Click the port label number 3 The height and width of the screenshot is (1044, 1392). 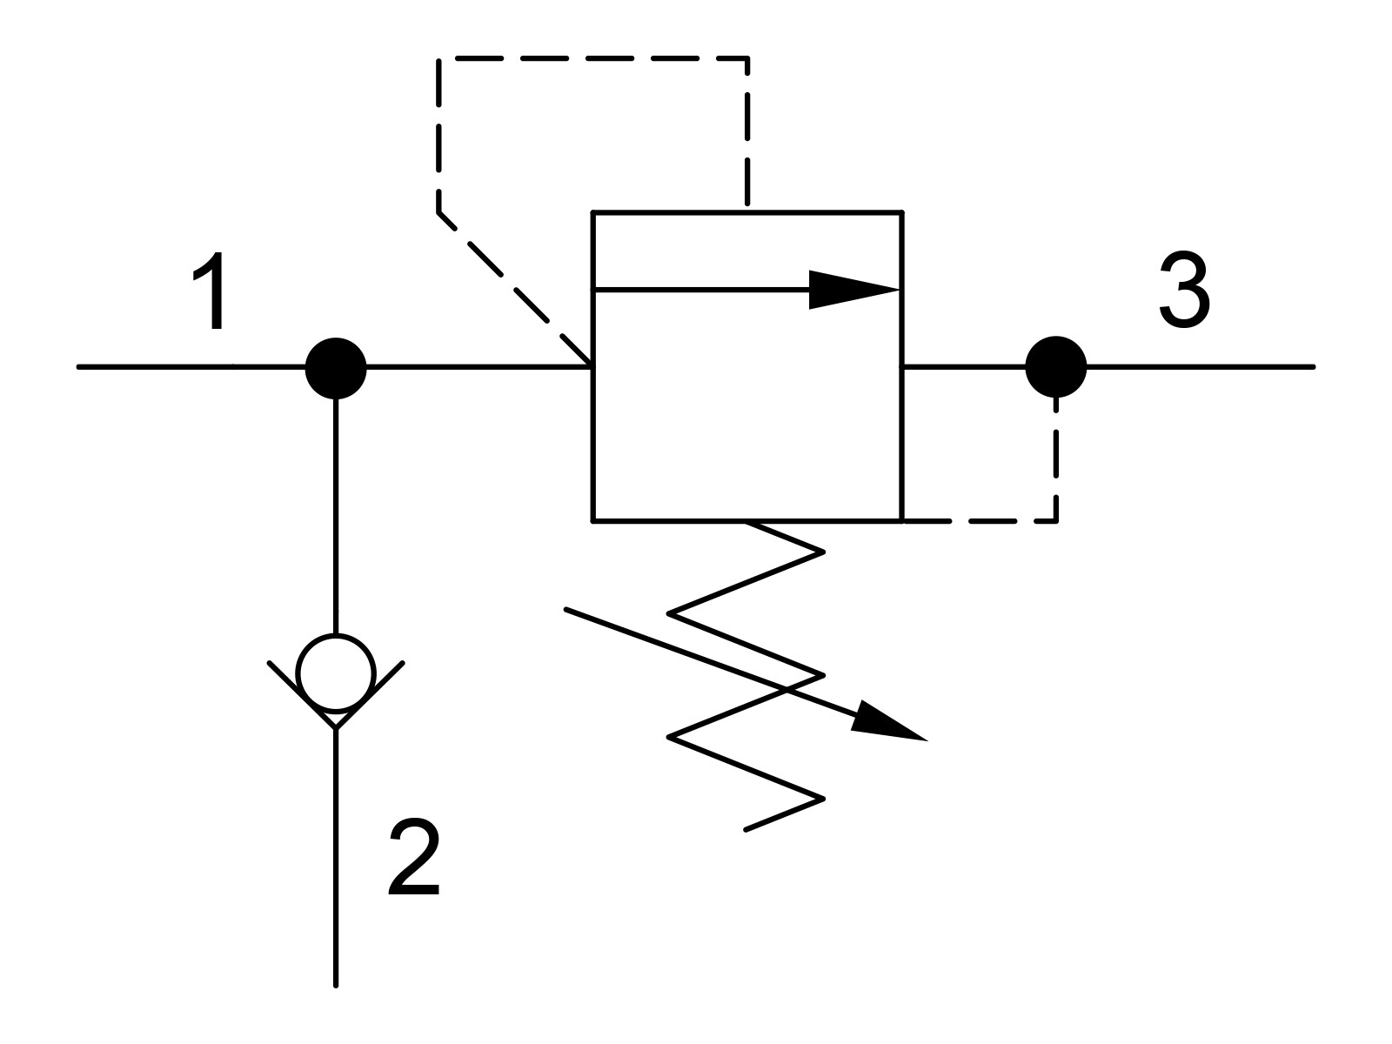(1185, 290)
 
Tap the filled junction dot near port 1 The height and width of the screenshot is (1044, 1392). (336, 368)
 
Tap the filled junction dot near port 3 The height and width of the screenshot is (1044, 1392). (1056, 367)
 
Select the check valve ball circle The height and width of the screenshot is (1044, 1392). (336, 673)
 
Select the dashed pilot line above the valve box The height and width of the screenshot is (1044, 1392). (592, 58)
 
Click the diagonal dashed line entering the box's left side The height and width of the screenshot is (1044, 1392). (513, 289)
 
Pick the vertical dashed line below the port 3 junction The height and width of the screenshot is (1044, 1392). (1056, 459)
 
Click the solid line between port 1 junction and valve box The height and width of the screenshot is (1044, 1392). (478, 367)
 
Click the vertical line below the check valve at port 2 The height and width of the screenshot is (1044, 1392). (336, 866)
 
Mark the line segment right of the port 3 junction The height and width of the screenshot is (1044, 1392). (1200, 367)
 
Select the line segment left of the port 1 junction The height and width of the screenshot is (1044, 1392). (191, 367)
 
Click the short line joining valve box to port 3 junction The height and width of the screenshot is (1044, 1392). (964, 367)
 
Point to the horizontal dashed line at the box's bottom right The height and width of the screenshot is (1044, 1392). (980, 521)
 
